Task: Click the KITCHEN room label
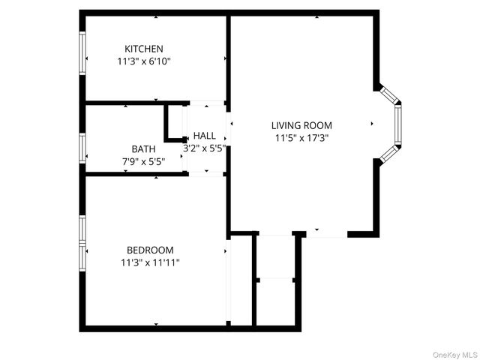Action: click(x=144, y=49)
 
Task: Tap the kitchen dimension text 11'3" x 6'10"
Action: click(x=144, y=61)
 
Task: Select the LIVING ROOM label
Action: click(x=301, y=125)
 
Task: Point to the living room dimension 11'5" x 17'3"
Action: click(x=301, y=138)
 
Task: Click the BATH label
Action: click(x=144, y=148)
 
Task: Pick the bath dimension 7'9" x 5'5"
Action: click(x=144, y=160)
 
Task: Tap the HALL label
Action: click(x=204, y=136)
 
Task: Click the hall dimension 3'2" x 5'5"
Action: click(x=204, y=148)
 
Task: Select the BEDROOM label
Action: click(x=150, y=250)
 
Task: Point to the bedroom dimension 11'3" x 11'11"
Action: click(x=150, y=262)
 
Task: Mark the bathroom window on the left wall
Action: click(x=82, y=148)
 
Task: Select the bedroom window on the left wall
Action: click(x=82, y=242)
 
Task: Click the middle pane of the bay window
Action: click(x=397, y=124)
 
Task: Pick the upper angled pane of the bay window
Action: click(x=389, y=94)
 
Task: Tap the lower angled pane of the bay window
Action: click(x=389, y=153)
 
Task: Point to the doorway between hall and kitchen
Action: click(x=205, y=103)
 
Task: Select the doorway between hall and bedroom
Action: click(x=205, y=174)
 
